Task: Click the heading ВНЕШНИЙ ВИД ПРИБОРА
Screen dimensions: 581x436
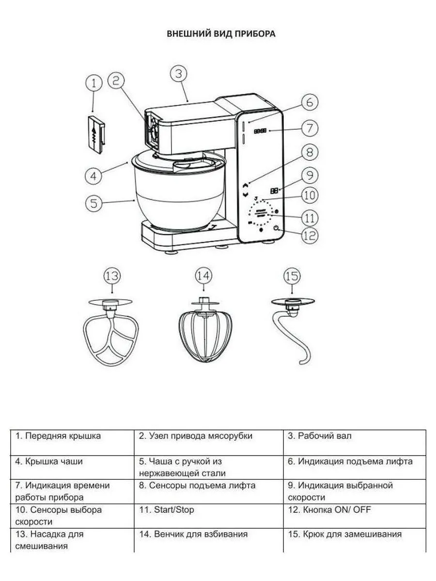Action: click(x=221, y=34)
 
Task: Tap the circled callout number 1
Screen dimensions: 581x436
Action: click(x=94, y=83)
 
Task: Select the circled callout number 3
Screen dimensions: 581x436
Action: click(x=179, y=74)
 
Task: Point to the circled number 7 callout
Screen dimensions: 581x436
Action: click(x=310, y=128)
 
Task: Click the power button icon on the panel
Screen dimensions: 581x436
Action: click(x=277, y=228)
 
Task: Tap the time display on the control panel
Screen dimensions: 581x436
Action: click(x=260, y=131)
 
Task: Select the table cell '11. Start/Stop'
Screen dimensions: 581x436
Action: click(x=208, y=510)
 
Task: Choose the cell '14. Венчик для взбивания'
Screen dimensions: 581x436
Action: click(x=208, y=535)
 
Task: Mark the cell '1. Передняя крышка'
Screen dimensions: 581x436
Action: click(x=72, y=436)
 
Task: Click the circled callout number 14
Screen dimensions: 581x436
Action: click(x=203, y=276)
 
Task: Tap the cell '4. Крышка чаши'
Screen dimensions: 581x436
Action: click(x=72, y=461)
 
